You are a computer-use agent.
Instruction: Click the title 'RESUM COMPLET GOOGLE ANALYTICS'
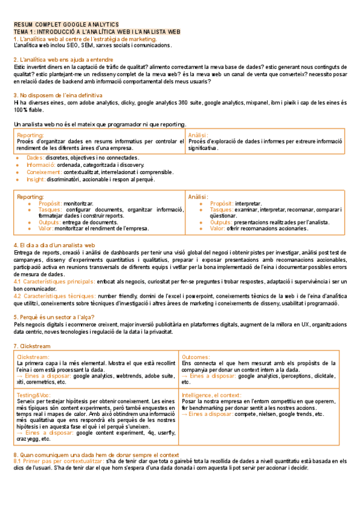point(66,25)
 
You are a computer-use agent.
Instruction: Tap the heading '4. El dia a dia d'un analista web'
point(54,245)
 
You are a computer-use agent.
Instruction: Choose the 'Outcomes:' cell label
point(196,357)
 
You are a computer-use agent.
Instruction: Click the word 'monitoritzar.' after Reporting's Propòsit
point(83,203)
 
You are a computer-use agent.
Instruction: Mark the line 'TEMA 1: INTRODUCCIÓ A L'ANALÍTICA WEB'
point(96,31)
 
